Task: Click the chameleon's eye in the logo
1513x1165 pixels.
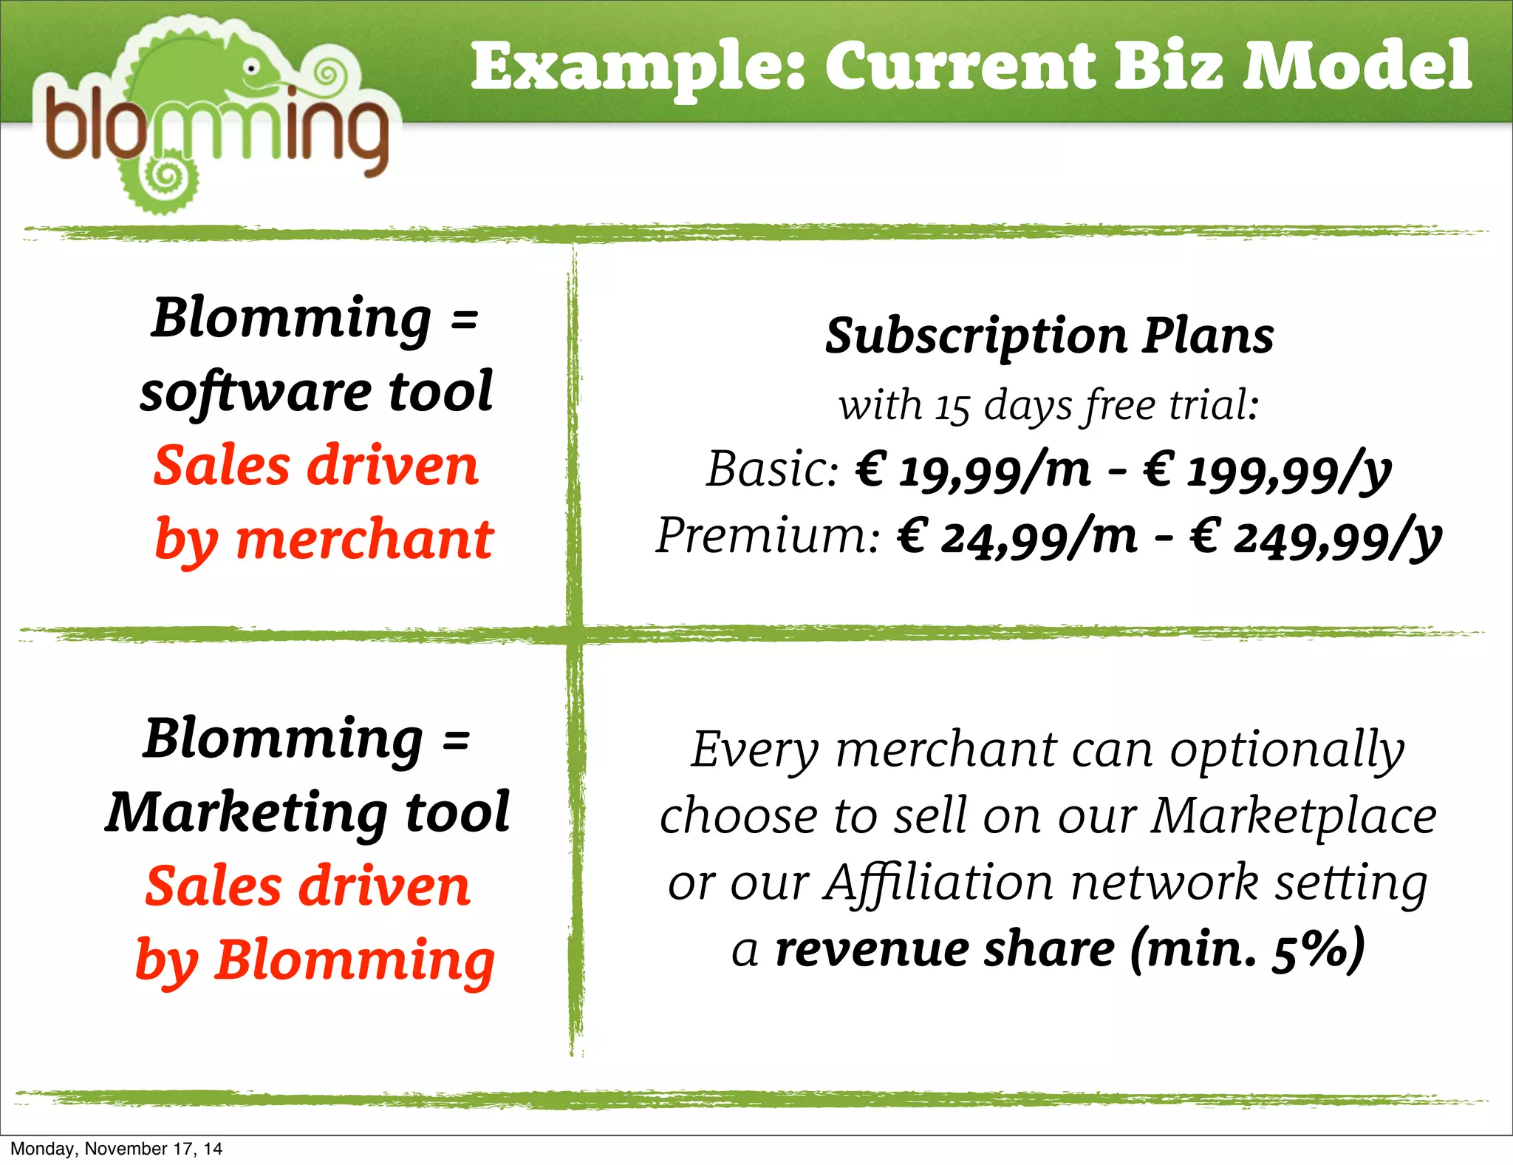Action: [252, 68]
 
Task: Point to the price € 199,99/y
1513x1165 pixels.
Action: [1268, 472]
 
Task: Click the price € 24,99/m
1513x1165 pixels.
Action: [1017, 537]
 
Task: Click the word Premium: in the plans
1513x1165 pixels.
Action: [768, 535]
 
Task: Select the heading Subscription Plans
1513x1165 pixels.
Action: [1049, 336]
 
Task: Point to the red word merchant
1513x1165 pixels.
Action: [364, 540]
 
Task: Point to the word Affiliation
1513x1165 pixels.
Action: [938, 883]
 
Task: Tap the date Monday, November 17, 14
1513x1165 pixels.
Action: [116, 1149]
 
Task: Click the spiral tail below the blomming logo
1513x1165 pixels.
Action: [167, 177]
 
